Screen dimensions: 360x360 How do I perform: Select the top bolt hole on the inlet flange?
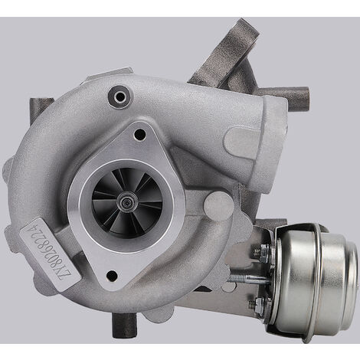[x=139, y=135]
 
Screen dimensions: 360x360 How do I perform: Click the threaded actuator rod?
[x=260, y=276]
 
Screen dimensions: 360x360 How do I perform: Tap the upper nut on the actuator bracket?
[x=264, y=250]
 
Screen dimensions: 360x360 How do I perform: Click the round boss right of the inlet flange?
[x=219, y=205]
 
